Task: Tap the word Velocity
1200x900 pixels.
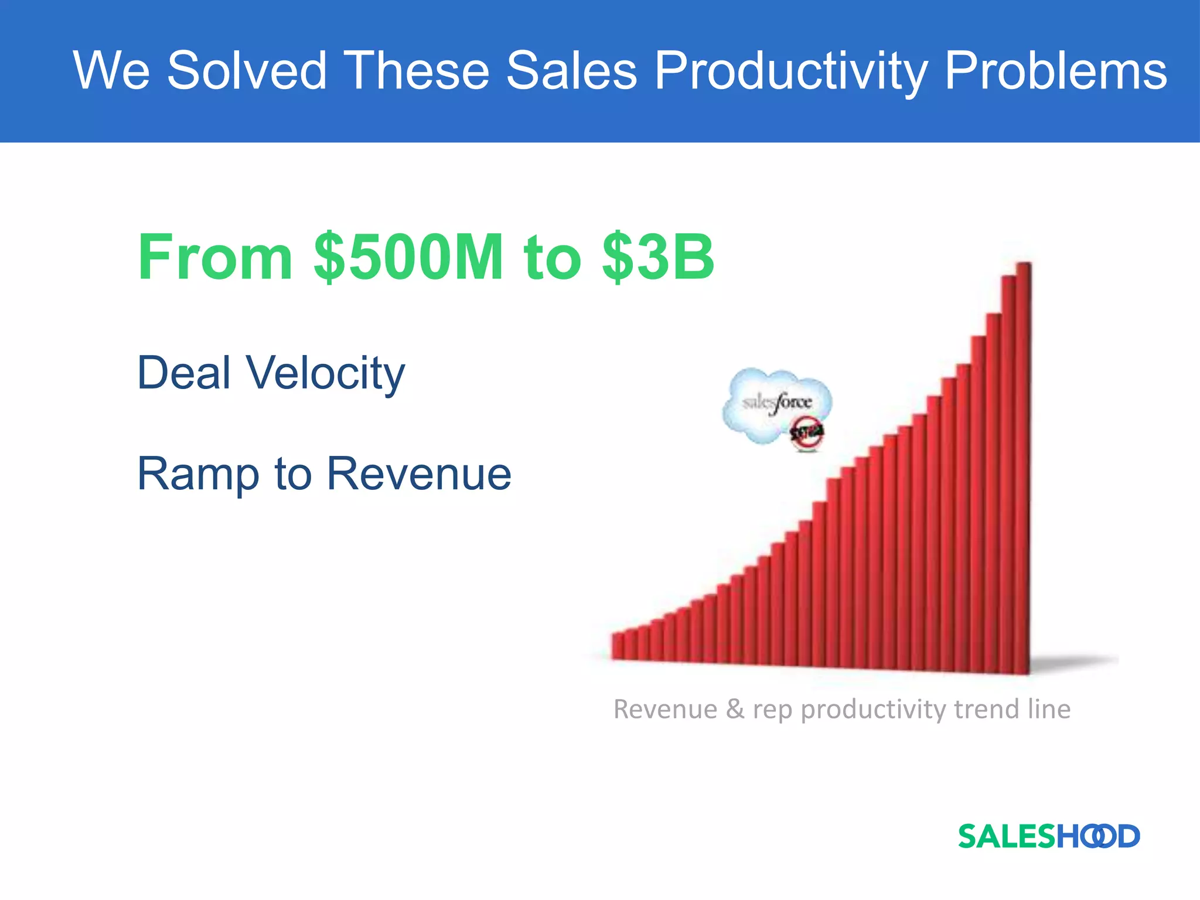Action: tap(325, 374)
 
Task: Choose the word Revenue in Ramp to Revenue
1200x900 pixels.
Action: tap(419, 473)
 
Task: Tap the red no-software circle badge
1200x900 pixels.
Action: tap(807, 434)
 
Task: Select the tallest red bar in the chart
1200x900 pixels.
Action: tap(1023, 469)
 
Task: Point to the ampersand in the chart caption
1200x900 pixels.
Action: tap(735, 709)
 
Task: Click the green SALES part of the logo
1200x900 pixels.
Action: tap(1006, 836)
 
